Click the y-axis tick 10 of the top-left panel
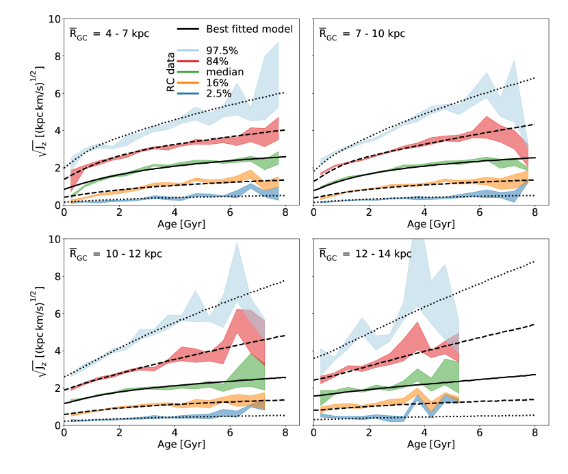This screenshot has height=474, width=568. pyautogui.click(x=51, y=18)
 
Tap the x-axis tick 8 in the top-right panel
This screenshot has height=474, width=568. pyautogui.click(x=535, y=212)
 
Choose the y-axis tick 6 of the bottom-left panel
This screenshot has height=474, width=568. pyautogui.click(x=54, y=313)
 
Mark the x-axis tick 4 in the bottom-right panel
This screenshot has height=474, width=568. pyautogui.click(x=424, y=433)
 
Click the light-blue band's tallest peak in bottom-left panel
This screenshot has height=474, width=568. pyautogui.click(x=237, y=242)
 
